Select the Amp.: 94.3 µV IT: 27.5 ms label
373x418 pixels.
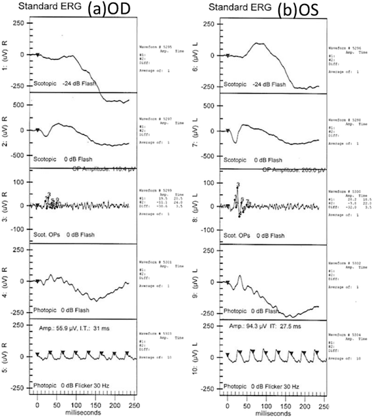pyautogui.click(x=264, y=326)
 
